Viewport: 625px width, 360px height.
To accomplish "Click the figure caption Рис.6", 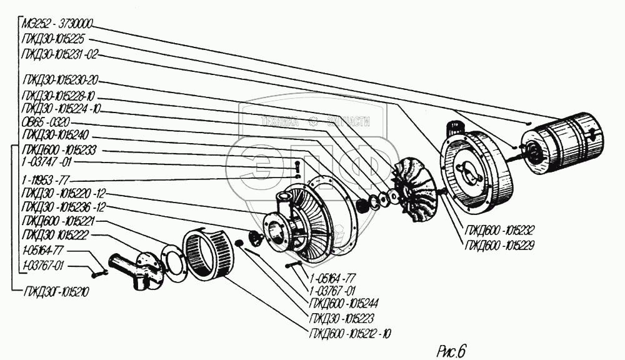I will (x=452, y=350).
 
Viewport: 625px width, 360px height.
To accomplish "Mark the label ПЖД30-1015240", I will (x=57, y=135).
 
